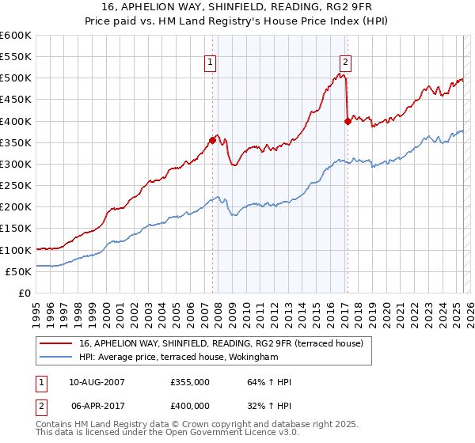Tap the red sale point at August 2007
(x=212, y=140)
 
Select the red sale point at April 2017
(x=348, y=121)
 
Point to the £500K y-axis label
(x=15, y=78)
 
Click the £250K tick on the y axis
(x=15, y=185)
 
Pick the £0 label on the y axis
(x=24, y=293)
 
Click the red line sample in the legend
(x=55, y=343)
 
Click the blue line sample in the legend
(x=55, y=358)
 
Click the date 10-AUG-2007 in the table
(x=97, y=382)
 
